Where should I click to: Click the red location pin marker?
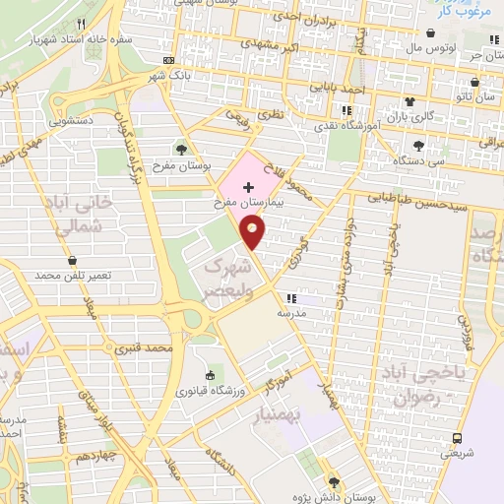(253, 232)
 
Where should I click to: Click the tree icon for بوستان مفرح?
(181, 149)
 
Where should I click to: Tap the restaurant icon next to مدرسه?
(290, 298)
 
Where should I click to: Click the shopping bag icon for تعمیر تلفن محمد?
(74, 260)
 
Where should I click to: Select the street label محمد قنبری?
(144, 348)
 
